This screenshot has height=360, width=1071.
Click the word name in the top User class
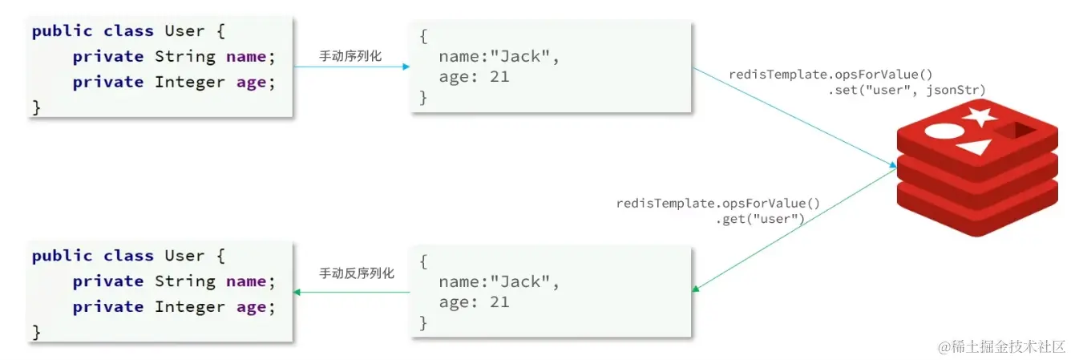click(x=246, y=56)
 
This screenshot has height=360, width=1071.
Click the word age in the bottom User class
click(x=251, y=306)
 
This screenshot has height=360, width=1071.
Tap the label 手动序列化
click(x=350, y=56)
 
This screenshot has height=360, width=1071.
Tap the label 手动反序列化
click(x=357, y=273)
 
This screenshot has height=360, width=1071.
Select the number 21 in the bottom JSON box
click(x=499, y=302)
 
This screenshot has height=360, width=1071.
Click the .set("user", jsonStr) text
click(x=907, y=90)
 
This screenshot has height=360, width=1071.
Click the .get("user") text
click(x=760, y=218)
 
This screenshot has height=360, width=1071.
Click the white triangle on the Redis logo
click(x=973, y=148)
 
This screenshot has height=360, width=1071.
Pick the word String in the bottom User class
click(x=184, y=281)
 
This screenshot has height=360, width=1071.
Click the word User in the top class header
click(x=184, y=31)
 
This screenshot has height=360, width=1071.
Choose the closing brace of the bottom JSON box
click(x=423, y=322)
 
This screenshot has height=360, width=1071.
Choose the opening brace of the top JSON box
click(x=423, y=37)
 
